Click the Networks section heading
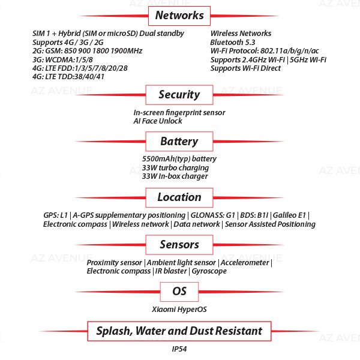(179, 16)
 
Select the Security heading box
(179, 94)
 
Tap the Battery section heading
(179, 142)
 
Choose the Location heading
(179, 197)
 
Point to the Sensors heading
(179, 244)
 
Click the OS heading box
(179, 292)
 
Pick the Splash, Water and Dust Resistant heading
(179, 331)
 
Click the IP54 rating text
(179, 349)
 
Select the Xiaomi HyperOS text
(179, 310)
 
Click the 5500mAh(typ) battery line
(179, 159)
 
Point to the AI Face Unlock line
(157, 121)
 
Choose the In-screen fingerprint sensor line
(179, 112)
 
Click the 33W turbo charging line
(170, 168)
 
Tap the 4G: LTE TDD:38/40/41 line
(68, 77)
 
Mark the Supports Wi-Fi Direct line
(245, 68)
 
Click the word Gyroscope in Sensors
(209, 271)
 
